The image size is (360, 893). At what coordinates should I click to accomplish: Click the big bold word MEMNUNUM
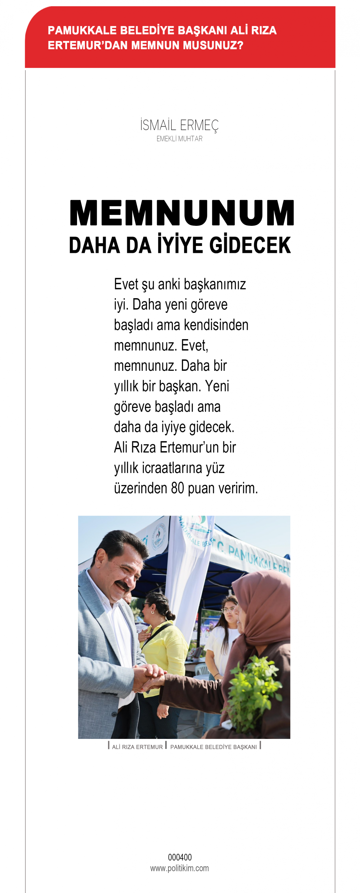pyautogui.click(x=182, y=213)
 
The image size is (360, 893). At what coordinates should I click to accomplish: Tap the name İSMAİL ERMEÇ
pyautogui.click(x=179, y=125)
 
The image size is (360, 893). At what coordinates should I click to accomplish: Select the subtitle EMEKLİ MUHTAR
pyautogui.click(x=179, y=139)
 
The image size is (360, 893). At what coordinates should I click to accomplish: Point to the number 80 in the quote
pyautogui.click(x=177, y=488)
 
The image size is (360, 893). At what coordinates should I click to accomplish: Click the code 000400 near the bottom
pyautogui.click(x=179, y=857)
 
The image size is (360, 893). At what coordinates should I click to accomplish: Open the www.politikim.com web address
pyautogui.click(x=179, y=868)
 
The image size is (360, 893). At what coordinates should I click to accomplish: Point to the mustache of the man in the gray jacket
pyautogui.click(x=123, y=585)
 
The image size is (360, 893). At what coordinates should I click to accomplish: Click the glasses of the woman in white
pyautogui.click(x=227, y=610)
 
